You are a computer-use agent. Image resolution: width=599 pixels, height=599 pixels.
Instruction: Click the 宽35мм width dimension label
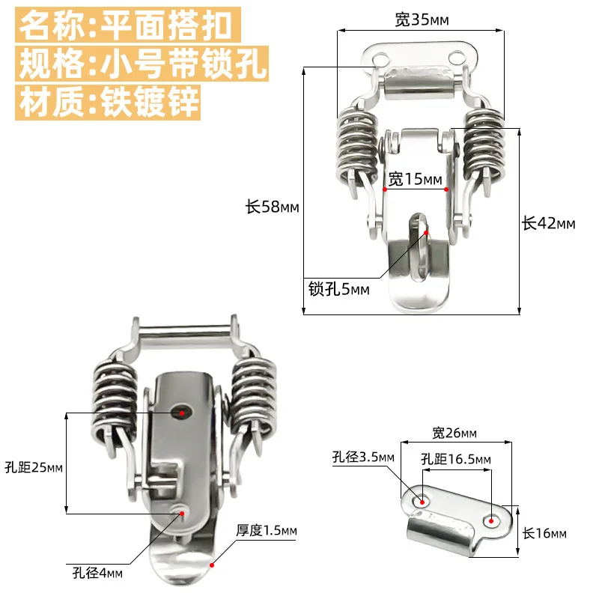422,21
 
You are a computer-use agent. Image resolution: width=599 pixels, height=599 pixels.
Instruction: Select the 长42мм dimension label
548,223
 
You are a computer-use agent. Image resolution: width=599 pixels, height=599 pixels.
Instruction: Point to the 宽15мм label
416,179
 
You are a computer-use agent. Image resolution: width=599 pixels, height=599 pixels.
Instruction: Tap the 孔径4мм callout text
93,574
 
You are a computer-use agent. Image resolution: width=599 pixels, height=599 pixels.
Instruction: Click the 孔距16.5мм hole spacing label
455,459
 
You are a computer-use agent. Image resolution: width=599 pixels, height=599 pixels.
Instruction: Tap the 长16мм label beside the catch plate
544,533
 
